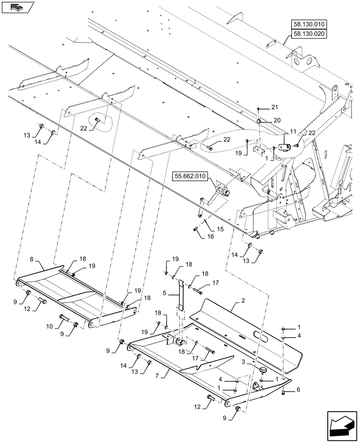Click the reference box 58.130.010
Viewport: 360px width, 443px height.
(x=308, y=24)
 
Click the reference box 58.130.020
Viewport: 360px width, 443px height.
(x=308, y=34)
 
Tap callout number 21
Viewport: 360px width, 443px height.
(x=274, y=108)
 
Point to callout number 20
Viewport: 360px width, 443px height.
(x=277, y=120)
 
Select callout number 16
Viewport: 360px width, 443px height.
(x=210, y=237)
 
